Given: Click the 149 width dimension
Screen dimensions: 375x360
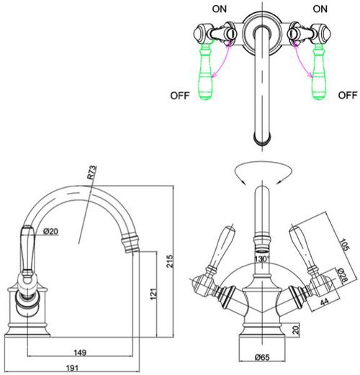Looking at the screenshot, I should tap(81, 353).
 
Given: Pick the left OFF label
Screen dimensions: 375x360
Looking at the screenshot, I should tap(181, 94).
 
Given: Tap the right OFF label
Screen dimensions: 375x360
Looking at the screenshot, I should tap(346, 94).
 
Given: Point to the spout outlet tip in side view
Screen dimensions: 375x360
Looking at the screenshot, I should tap(135, 249).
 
